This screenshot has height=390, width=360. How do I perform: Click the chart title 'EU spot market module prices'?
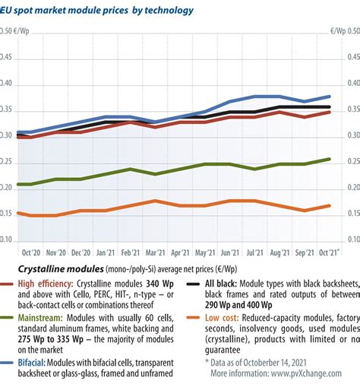[72, 11]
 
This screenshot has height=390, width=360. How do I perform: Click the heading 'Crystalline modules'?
[61, 269]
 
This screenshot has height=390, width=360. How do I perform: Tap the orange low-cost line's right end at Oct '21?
[329, 205]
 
